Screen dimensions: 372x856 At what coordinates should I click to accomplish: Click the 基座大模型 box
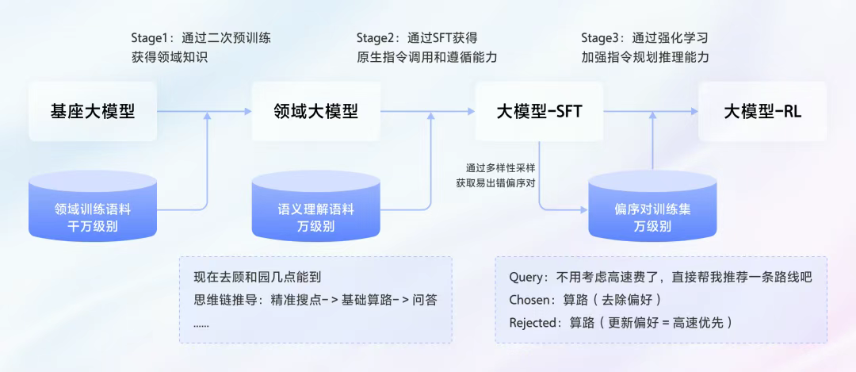pyautogui.click(x=93, y=111)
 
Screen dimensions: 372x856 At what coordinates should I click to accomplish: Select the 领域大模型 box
pyautogui.click(x=316, y=111)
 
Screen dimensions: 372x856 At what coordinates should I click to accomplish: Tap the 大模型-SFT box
pyautogui.click(x=540, y=111)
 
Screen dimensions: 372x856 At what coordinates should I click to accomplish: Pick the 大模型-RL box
pyautogui.click(x=762, y=111)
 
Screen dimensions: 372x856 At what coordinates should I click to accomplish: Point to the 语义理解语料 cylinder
pyautogui.click(x=316, y=209)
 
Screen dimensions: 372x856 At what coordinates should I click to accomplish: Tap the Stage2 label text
pyautogui.click(x=376, y=37)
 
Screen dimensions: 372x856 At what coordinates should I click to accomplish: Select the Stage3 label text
pyautogui.click(x=601, y=37)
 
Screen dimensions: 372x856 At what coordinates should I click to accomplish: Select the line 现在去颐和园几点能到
pyautogui.click(x=257, y=278)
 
